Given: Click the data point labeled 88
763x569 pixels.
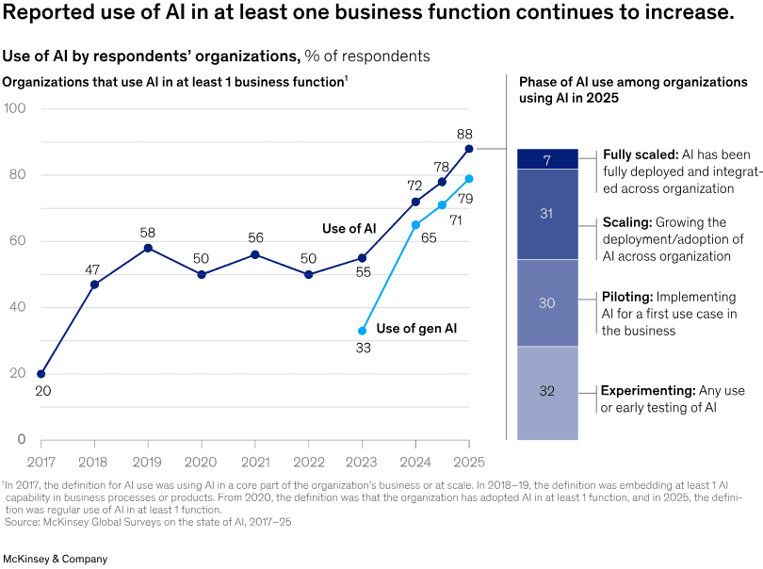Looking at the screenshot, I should [x=469, y=149].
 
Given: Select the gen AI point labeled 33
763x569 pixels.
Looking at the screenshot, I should [x=362, y=331].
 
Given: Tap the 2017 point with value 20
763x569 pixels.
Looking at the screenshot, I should [x=41, y=374].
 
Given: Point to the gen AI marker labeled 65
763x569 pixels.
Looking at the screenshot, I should [x=415, y=224].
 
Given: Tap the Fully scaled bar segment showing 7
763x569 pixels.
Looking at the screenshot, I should [x=547, y=159].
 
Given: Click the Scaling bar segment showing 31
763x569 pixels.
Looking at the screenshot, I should [x=547, y=215].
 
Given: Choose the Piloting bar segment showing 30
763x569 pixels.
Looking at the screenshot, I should [x=547, y=303].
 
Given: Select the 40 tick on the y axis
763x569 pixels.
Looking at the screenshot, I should [x=18, y=308].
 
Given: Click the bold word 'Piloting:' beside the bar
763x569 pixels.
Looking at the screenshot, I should [x=628, y=297].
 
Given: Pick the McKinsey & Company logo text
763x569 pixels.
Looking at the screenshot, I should [x=56, y=559].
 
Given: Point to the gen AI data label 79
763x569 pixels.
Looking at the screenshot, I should [x=464, y=198].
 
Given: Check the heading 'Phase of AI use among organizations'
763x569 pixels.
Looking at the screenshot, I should [x=633, y=83].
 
